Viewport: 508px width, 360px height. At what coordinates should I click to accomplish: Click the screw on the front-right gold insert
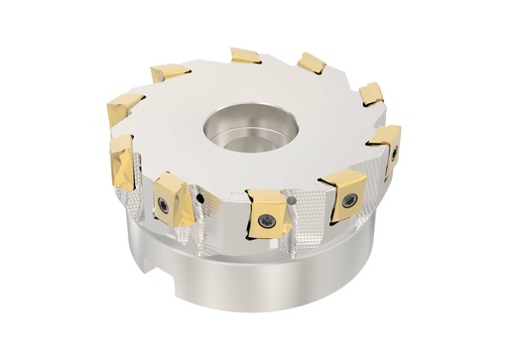pos(349,200)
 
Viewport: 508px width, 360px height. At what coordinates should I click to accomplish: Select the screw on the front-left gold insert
pos(162,204)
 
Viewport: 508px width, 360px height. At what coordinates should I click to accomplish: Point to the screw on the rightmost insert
pos(394,154)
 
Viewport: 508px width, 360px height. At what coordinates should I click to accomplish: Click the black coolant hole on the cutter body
pos(201,198)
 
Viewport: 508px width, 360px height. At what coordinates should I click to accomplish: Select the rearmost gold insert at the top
pos(246,56)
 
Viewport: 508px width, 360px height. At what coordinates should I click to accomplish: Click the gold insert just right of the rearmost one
pos(312,63)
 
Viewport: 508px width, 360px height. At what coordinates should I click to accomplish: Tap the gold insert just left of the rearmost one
pos(170,72)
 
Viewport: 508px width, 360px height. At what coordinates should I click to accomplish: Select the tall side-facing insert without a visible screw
pos(121,163)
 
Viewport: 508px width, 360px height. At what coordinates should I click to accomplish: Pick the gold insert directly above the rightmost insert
pos(371,94)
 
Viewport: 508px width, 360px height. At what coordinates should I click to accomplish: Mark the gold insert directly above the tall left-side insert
pos(124,105)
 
